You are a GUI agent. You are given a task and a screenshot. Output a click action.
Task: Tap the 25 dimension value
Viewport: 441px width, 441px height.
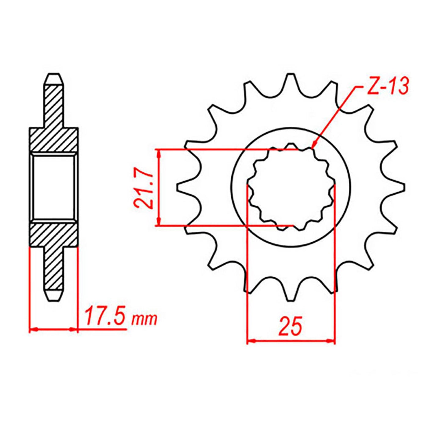(290, 326)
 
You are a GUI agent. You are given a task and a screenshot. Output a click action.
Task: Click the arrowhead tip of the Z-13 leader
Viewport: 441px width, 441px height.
(313, 148)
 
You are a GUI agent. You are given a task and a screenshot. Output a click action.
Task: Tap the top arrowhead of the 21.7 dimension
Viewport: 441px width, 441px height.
(158, 153)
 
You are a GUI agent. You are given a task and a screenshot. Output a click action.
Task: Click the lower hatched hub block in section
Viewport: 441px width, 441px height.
(53, 234)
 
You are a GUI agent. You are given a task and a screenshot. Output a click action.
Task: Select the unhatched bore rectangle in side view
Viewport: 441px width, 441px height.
(53, 187)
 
